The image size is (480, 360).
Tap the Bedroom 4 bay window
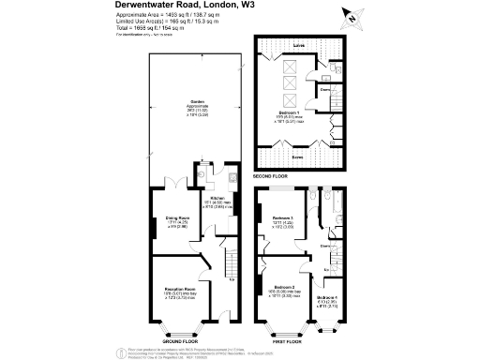[x=327, y=328]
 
